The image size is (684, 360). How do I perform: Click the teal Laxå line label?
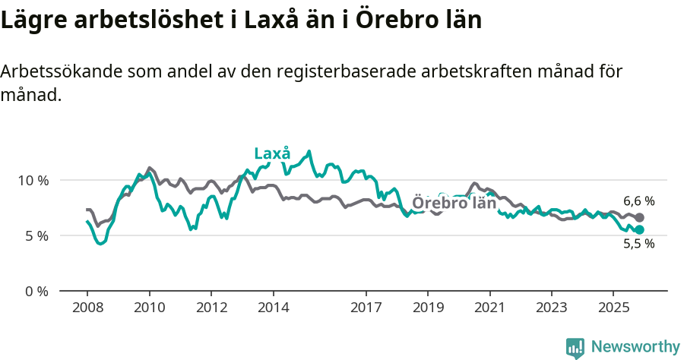(272, 153)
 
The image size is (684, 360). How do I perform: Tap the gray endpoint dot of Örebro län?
(639, 218)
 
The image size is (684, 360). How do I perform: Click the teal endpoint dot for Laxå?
(639, 229)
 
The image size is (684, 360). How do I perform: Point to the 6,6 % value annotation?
(638, 201)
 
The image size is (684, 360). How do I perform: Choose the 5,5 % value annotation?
(638, 245)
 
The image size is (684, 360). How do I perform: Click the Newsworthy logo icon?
(575, 347)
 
